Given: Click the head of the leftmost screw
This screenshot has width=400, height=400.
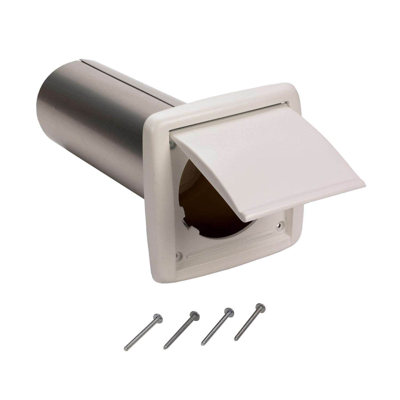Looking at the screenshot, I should click(160, 316).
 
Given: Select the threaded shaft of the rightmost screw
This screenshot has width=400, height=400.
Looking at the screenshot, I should click(247, 323).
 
